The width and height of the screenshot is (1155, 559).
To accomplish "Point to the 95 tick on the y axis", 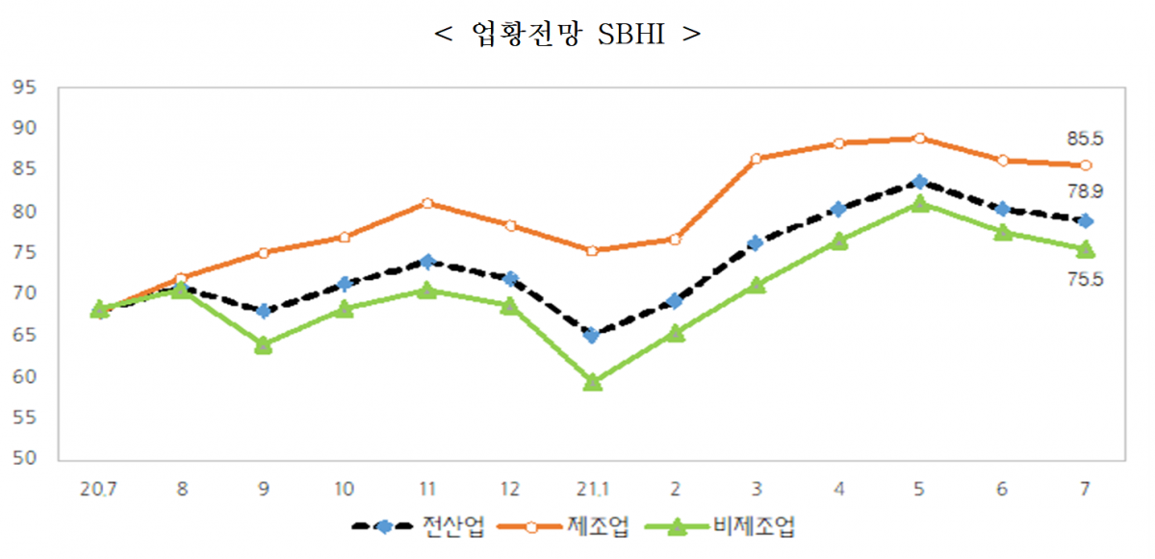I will [25, 88].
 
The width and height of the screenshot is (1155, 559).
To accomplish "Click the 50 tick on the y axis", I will [25, 459].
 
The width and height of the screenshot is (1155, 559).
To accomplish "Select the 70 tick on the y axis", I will [25, 293].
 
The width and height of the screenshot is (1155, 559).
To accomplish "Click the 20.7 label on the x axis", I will [98, 489].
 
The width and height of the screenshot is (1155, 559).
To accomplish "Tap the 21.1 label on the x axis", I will [592, 489].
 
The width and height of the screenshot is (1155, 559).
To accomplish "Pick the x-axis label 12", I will [510, 489].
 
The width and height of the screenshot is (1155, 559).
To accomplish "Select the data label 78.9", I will [1085, 192].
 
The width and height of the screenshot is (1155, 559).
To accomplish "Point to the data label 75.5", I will [1085, 280].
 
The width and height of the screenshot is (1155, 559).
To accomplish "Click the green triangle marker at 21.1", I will [592, 383].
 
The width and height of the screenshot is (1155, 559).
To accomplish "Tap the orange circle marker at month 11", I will [427, 203].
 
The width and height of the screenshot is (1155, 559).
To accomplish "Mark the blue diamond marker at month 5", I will [920, 182].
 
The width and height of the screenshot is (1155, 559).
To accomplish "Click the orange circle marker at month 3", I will [756, 159].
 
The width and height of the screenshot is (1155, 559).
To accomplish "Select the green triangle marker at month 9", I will [263, 345].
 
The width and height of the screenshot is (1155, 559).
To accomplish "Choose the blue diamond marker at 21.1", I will [592, 335].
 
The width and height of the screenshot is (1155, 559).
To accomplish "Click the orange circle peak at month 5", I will [920, 139].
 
